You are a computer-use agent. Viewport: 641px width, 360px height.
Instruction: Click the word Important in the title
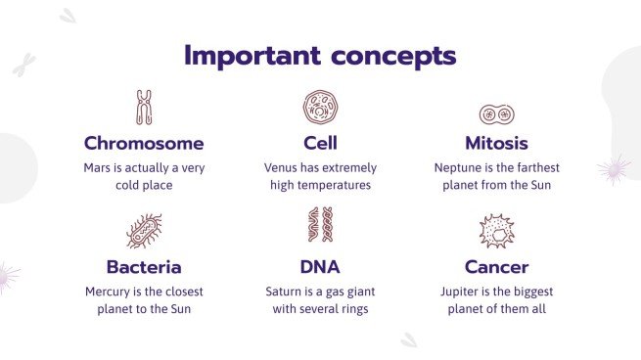coord(252,55)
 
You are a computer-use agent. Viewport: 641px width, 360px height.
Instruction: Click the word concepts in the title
coord(390,55)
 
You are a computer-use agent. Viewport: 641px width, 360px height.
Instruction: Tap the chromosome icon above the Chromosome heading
coord(144,108)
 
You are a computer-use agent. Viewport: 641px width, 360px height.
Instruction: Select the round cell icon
coord(320,108)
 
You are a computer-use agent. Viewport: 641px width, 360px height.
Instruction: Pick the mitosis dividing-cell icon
coord(496,112)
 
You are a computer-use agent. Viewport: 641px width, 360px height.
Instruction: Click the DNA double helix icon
coord(320,226)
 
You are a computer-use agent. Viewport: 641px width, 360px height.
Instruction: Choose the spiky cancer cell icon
coord(496,232)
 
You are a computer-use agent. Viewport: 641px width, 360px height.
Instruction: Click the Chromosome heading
coord(144,144)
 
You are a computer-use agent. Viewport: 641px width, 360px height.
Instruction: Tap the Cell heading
coord(320,144)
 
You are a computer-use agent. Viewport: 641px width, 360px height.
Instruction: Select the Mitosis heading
coord(496,144)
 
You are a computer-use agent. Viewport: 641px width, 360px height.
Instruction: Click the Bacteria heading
coord(144,267)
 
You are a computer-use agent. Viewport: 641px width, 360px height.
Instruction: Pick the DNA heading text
coord(320,267)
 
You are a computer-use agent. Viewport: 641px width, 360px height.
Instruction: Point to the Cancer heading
coord(496,267)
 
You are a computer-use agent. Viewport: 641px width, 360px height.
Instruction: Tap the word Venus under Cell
coord(282,167)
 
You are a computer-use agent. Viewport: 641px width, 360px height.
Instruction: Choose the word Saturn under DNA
coord(285,292)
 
